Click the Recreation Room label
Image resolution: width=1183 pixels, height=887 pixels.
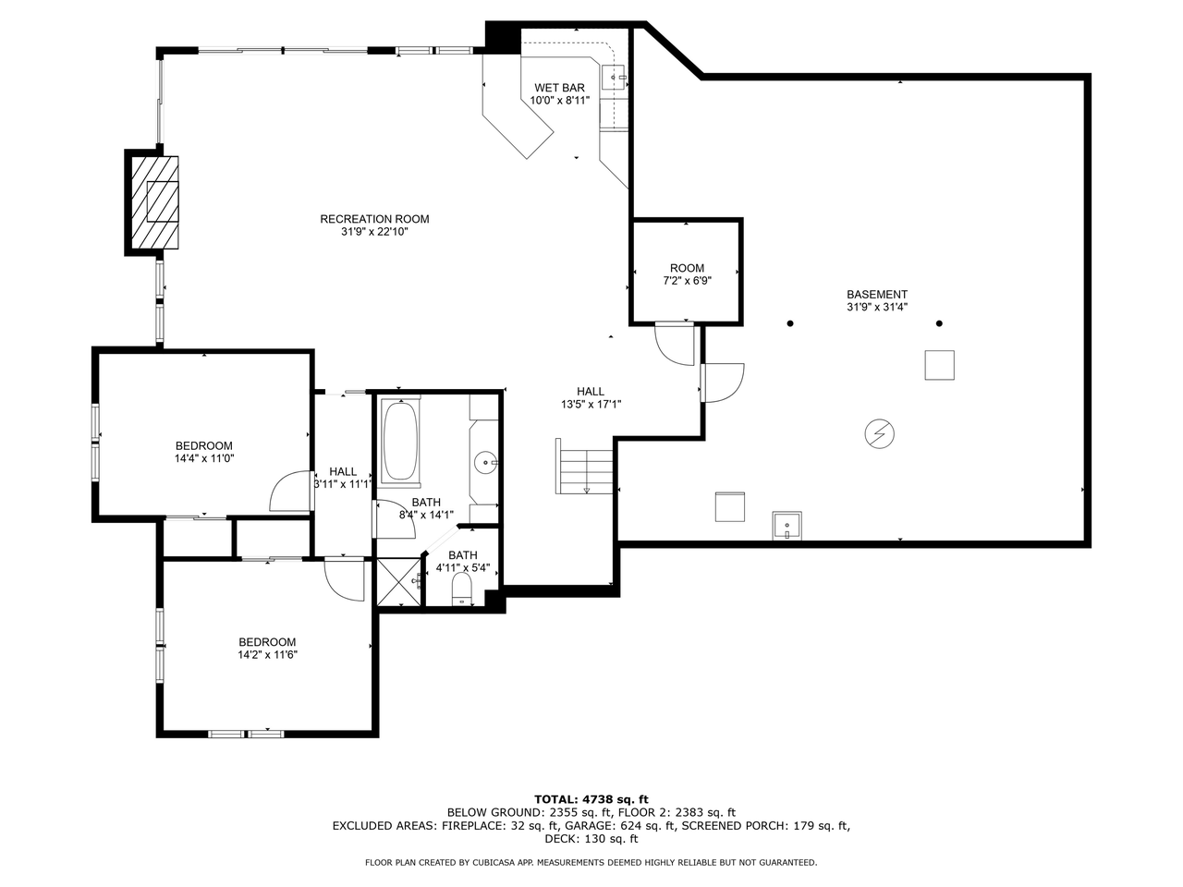(x=374, y=219)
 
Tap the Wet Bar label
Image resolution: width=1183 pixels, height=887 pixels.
(x=559, y=88)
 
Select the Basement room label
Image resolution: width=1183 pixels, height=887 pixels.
(x=877, y=295)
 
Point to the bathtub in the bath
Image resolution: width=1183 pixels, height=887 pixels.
(x=400, y=440)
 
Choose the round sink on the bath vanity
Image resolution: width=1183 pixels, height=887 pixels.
(x=485, y=462)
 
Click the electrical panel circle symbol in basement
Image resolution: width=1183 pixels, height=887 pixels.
(x=880, y=433)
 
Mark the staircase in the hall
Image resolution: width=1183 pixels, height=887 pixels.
(x=585, y=467)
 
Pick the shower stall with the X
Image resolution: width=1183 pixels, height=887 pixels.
(x=398, y=582)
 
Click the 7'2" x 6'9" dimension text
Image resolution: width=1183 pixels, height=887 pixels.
(x=688, y=281)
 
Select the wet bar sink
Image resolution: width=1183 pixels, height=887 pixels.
(x=614, y=78)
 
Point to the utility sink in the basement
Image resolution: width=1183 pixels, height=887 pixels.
(x=787, y=525)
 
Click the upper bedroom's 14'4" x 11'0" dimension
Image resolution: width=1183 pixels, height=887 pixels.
(x=204, y=458)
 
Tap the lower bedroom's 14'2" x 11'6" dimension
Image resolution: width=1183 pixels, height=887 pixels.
(x=268, y=654)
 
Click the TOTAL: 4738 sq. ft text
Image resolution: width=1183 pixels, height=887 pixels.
(x=591, y=799)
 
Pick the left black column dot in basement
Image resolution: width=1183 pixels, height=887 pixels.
(x=790, y=323)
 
